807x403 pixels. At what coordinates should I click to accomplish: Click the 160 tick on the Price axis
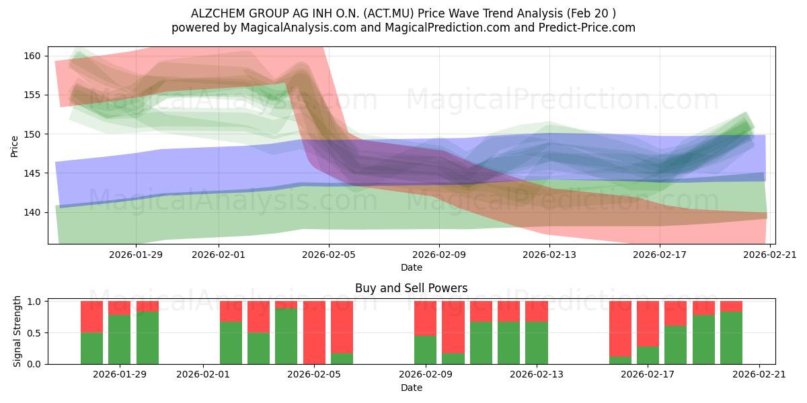[32, 56]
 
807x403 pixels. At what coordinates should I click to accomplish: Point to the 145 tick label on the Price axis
[32, 173]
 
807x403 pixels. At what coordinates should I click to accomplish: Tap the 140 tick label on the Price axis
[32, 213]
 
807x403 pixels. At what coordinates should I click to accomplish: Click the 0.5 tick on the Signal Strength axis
[34, 333]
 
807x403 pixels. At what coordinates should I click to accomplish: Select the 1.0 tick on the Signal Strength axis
[34, 301]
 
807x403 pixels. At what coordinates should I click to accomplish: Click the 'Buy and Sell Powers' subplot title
[411, 288]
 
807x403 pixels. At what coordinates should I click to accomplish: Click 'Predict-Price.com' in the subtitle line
[587, 28]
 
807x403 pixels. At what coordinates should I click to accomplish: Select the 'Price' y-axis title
[14, 147]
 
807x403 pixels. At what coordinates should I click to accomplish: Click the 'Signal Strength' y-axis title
[17, 331]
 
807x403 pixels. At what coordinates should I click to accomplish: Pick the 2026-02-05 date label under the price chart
[329, 255]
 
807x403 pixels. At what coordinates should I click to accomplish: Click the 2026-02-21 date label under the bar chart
[759, 375]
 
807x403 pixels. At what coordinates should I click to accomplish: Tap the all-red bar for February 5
[314, 332]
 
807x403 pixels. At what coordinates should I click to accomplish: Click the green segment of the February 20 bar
[732, 338]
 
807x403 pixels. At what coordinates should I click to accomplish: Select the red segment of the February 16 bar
[620, 329]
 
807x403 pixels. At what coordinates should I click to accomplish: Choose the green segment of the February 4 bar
[286, 337]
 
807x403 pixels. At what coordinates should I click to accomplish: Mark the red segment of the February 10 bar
[453, 327]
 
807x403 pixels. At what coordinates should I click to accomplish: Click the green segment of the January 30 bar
[147, 338]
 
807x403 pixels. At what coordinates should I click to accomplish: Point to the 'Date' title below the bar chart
[412, 388]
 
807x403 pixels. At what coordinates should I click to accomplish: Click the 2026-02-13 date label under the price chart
[549, 255]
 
